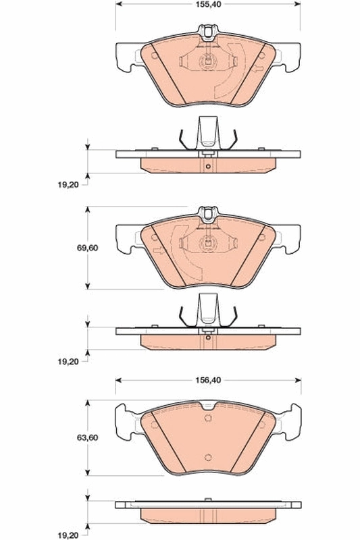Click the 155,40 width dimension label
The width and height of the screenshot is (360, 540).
pyautogui.click(x=207, y=4)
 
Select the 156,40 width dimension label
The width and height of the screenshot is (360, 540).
pyautogui.click(x=207, y=381)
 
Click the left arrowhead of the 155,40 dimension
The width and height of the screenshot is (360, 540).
pyautogui.click(x=120, y=4)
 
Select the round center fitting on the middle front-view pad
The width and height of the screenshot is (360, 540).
pyautogui.click(x=208, y=246)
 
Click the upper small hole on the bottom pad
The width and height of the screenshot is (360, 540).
pyautogui.click(x=208, y=416)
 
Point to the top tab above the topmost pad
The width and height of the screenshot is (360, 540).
pyautogui.click(x=208, y=30)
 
